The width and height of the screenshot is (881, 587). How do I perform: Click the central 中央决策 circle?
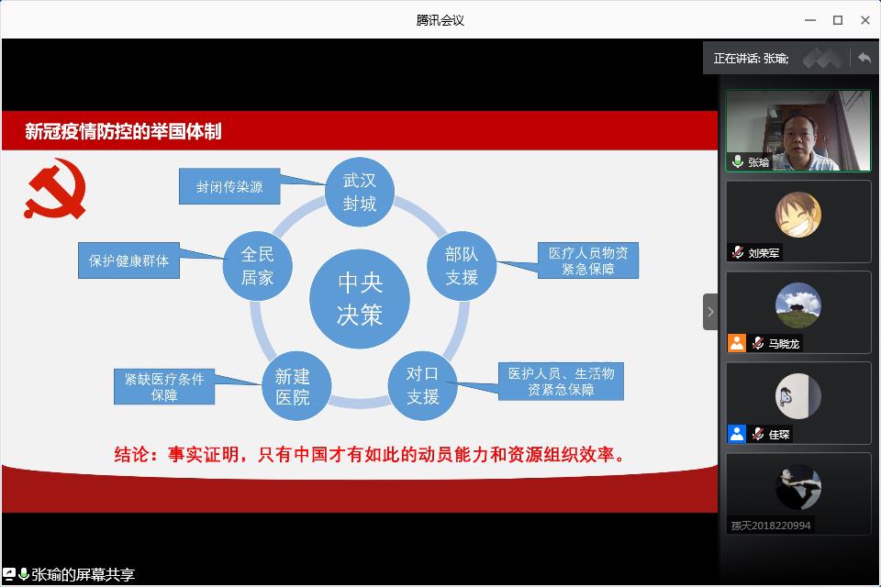click(360, 299)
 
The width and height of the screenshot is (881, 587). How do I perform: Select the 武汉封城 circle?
click(360, 192)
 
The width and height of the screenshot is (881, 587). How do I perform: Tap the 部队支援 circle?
click(462, 266)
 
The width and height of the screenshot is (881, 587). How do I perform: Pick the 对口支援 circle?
click(422, 385)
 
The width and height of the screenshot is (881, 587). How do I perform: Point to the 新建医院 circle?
click(296, 385)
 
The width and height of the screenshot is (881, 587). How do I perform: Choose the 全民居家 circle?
click(257, 266)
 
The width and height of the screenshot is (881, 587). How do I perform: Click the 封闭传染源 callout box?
click(229, 186)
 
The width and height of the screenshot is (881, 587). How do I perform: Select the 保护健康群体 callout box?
click(128, 260)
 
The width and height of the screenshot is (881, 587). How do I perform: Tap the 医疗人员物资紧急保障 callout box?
click(587, 260)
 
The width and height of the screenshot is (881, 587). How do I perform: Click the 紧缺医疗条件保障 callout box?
click(164, 386)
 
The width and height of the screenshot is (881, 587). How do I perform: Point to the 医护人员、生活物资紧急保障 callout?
click(561, 382)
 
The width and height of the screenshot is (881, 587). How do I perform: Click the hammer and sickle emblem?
click(55, 189)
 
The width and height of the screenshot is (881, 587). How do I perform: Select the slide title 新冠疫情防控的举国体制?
click(123, 131)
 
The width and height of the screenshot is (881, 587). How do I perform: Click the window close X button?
click(865, 20)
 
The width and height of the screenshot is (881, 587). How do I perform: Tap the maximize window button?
click(838, 20)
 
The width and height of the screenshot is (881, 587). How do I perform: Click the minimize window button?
click(810, 20)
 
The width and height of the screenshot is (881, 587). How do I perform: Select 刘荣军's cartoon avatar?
click(798, 215)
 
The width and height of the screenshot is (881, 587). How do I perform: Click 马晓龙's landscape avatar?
click(798, 305)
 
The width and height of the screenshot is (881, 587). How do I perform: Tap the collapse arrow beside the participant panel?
click(710, 312)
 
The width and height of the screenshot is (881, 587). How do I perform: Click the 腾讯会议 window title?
click(440, 20)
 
